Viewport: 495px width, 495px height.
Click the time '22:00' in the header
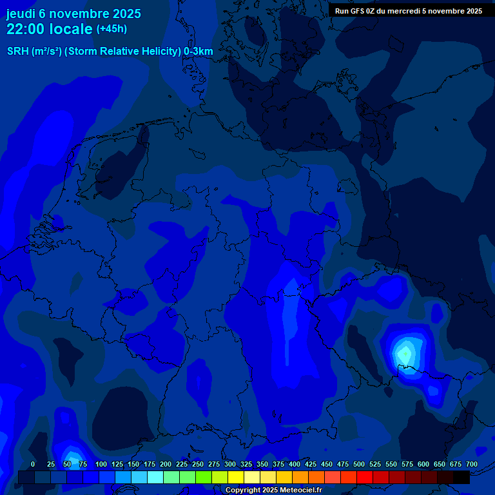(26, 29)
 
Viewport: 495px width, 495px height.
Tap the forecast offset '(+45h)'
(112, 29)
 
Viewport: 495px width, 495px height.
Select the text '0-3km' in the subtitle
(198, 51)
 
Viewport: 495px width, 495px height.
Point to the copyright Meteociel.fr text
(273, 490)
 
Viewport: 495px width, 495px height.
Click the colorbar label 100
(101, 464)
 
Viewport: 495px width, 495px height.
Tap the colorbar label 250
(198, 464)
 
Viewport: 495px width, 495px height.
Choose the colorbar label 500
(359, 464)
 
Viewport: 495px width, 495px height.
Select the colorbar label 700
(472, 464)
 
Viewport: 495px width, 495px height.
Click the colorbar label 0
(33, 464)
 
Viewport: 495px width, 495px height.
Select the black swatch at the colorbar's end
(461, 478)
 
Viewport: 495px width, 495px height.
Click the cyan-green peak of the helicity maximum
(405, 353)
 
